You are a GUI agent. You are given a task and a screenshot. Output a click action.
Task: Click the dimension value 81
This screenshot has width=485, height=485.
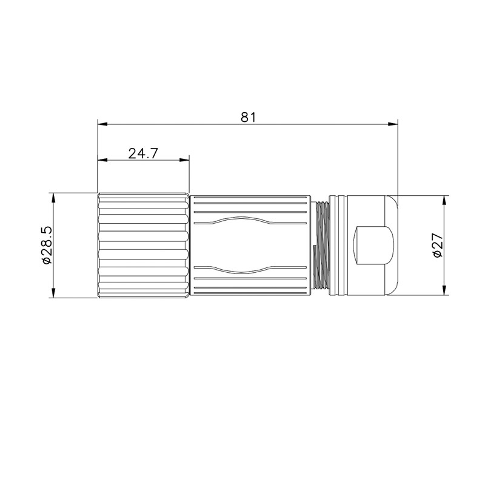click(249, 118)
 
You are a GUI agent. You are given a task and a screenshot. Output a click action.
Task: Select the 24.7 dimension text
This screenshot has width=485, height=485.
click(143, 153)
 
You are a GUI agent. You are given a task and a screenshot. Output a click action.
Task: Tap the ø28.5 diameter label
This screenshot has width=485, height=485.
click(46, 246)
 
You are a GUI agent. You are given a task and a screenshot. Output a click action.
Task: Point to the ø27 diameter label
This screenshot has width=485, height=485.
click(438, 245)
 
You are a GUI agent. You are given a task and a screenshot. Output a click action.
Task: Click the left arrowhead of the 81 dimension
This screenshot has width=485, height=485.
click(102, 124)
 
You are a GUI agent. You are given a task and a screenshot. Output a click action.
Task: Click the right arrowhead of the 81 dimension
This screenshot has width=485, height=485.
click(393, 124)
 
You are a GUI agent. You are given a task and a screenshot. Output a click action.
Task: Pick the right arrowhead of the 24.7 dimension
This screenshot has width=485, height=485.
click(184, 160)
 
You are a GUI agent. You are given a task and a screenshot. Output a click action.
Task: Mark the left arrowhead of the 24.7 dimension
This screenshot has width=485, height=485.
click(102, 160)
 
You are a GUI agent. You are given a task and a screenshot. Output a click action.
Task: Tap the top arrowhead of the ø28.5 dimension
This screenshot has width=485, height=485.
click(53, 198)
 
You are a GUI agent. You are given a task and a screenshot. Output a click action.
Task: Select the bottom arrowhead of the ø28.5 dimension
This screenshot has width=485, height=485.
click(53, 293)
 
